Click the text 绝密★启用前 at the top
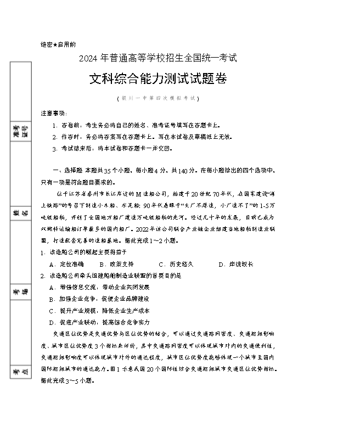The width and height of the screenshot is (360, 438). point(58,44)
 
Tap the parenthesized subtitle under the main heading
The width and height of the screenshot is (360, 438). point(158,98)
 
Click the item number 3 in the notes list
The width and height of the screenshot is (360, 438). point(55,148)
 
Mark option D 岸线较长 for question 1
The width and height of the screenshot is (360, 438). point(236,264)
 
